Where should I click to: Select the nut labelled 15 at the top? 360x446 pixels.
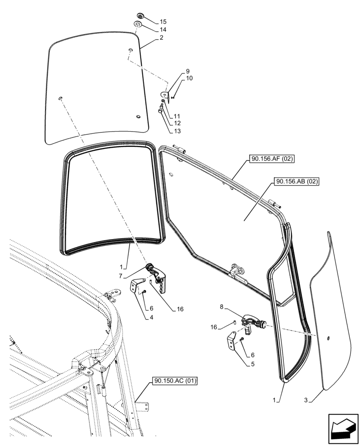(140, 17)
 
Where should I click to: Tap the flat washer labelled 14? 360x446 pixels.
(138, 25)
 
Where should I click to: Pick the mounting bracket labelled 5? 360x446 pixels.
(233, 342)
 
